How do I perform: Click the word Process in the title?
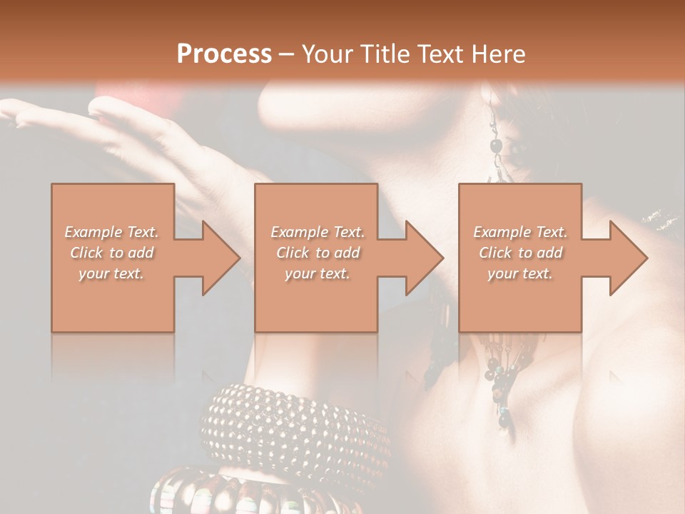click(224, 54)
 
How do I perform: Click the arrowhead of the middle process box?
click(424, 258)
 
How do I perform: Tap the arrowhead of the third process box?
click(628, 258)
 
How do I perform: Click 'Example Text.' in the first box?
click(111, 232)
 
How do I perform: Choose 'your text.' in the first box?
click(111, 273)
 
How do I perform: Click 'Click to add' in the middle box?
click(318, 253)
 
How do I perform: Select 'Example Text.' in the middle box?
click(318, 232)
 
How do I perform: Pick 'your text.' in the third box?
click(520, 273)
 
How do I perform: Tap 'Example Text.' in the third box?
click(520, 232)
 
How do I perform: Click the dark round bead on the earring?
click(496, 146)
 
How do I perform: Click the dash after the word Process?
click(287, 54)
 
